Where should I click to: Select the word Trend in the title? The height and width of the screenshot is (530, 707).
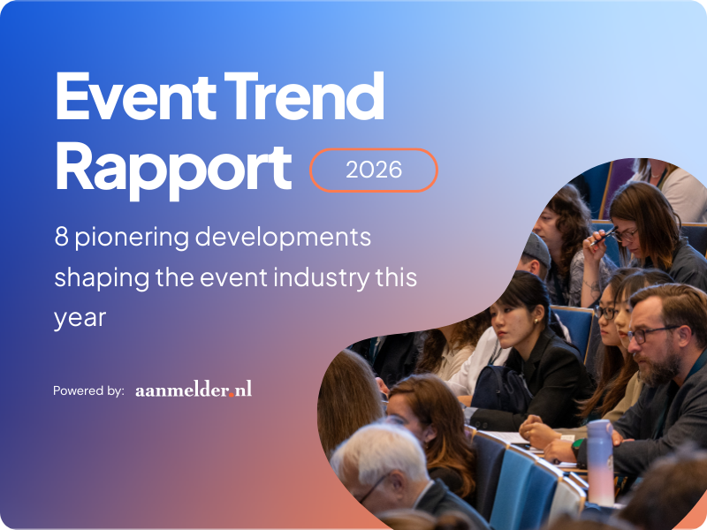point(308,98)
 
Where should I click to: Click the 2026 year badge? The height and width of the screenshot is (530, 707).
point(374,170)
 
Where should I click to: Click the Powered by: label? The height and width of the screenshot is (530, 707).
point(88,390)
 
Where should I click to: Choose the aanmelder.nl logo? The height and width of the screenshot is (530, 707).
point(194,389)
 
